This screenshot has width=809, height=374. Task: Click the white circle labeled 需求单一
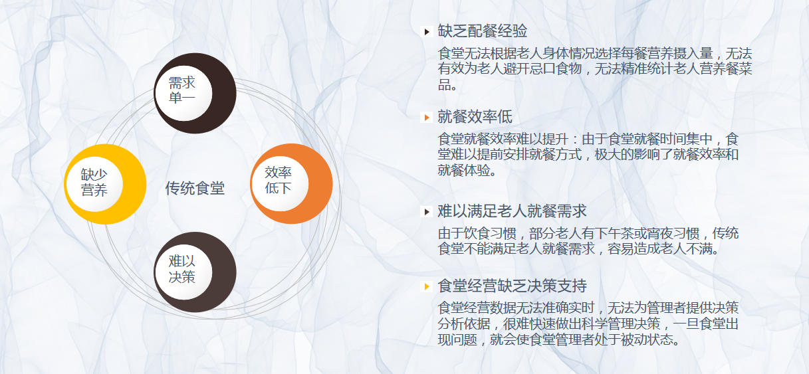tap(184, 93)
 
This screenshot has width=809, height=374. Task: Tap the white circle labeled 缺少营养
tap(94, 184)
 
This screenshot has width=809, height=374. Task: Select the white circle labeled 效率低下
tap(281, 183)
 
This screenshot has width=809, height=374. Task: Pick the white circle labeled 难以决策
tap(184, 272)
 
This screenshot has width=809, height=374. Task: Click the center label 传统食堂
tap(195, 188)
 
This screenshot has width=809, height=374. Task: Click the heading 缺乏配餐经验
tap(482, 31)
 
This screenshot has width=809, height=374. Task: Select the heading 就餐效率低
tap(475, 117)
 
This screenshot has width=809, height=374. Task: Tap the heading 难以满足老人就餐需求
tap(512, 211)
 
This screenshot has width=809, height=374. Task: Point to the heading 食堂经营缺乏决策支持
tap(512, 286)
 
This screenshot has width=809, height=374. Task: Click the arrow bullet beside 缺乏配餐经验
tap(427, 32)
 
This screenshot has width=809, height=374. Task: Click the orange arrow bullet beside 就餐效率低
tap(427, 118)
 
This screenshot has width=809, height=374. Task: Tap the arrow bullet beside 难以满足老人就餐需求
tap(427, 212)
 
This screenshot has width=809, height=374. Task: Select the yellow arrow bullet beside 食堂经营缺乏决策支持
tap(427, 286)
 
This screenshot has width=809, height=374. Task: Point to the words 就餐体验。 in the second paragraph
tap(467, 170)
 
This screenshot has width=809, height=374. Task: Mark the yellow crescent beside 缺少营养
tap(133, 184)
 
